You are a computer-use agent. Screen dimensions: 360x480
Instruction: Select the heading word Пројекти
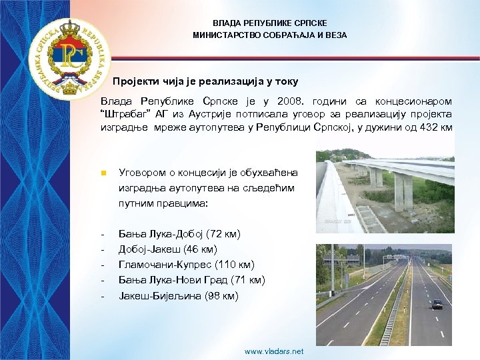[x=136, y=81]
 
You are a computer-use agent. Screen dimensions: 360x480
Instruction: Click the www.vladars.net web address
[x=273, y=351]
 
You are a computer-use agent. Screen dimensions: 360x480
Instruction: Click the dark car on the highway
[x=437, y=304]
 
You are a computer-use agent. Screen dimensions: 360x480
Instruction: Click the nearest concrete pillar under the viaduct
[x=403, y=191]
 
